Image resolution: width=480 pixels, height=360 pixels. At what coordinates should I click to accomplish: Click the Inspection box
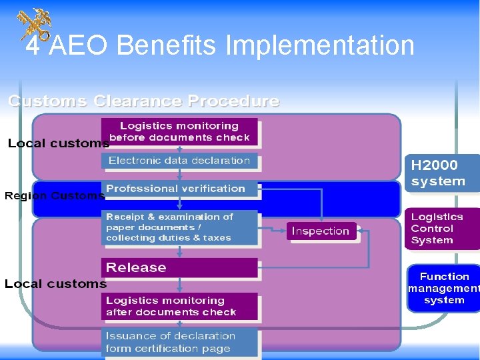[x=321, y=231]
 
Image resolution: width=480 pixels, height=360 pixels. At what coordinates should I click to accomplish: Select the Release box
[x=179, y=267]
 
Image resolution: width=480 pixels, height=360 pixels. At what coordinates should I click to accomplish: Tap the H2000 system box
[x=441, y=173]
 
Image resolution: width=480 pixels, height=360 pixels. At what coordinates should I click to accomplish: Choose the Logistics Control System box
[x=441, y=229]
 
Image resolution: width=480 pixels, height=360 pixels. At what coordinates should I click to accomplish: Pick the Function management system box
[x=444, y=288]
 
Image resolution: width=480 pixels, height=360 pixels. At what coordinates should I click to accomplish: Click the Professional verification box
[x=179, y=189]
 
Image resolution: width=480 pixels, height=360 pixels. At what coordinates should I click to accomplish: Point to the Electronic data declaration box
[x=179, y=161]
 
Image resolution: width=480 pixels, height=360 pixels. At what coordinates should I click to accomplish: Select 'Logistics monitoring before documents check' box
[x=179, y=131]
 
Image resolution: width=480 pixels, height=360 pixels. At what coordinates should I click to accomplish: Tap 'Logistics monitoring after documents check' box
[x=179, y=306]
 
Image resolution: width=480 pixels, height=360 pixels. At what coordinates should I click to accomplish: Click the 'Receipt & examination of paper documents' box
[x=179, y=227]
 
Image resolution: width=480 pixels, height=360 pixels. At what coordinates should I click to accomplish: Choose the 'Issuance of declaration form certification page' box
[x=179, y=342]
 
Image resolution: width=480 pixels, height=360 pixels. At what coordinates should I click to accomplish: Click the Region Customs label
[x=54, y=196]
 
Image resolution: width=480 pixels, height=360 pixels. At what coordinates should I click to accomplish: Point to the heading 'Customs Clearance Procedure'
[x=143, y=101]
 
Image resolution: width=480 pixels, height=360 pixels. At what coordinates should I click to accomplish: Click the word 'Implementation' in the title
[x=320, y=46]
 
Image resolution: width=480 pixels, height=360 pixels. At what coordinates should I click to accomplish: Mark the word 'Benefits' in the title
[x=169, y=46]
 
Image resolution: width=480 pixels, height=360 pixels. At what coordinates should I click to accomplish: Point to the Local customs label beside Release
[x=55, y=284]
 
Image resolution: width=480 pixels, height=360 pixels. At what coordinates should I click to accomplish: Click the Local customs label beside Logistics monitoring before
[x=58, y=143]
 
